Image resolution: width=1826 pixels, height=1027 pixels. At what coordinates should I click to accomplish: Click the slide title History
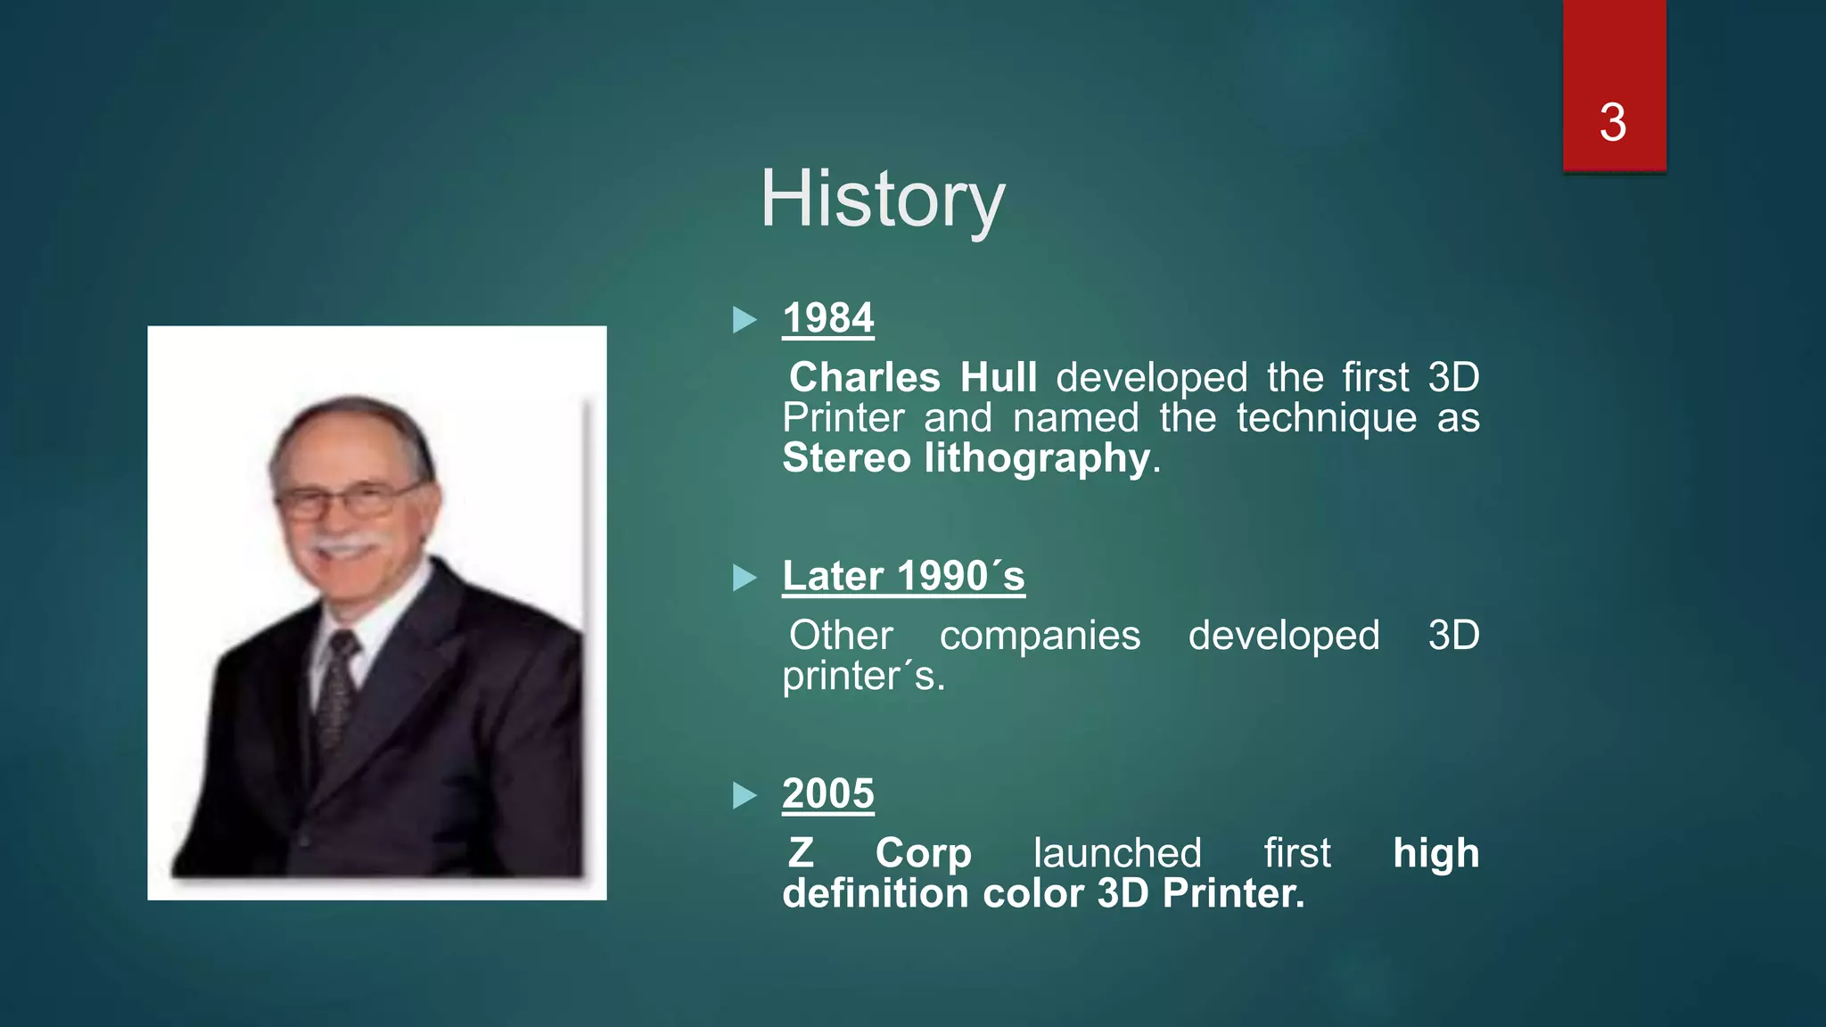pyautogui.click(x=882, y=200)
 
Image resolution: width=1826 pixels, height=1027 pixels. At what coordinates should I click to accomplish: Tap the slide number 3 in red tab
pyautogui.click(x=1613, y=122)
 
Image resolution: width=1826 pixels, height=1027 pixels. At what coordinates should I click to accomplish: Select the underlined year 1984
pyautogui.click(x=828, y=318)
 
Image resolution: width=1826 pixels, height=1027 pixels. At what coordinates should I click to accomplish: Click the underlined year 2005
pyautogui.click(x=828, y=793)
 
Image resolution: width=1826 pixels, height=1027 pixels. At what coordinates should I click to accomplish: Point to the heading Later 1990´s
pyautogui.click(x=903, y=576)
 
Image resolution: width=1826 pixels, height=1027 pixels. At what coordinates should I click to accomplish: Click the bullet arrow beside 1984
pyautogui.click(x=744, y=319)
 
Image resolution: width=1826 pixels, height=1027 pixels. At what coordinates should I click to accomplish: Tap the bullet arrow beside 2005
pyautogui.click(x=744, y=794)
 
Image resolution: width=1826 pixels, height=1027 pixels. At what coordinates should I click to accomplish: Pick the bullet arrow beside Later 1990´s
pyautogui.click(x=744, y=577)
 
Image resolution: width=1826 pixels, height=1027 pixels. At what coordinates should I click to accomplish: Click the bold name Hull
pyautogui.click(x=999, y=377)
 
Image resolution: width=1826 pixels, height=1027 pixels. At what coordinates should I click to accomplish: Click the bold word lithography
pyautogui.click(x=1037, y=458)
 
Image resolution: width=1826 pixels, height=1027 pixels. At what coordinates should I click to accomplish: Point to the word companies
pyautogui.click(x=1040, y=636)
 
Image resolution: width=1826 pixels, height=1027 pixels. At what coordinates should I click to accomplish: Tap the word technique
pyautogui.click(x=1326, y=418)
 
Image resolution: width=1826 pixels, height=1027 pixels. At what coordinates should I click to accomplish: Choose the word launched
pyautogui.click(x=1117, y=853)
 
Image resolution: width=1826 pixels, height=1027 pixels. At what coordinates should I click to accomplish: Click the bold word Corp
pyautogui.click(x=923, y=853)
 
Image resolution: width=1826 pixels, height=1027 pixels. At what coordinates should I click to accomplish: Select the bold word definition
pyautogui.click(x=873, y=893)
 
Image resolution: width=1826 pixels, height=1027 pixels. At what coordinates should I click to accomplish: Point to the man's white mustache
pyautogui.click(x=347, y=543)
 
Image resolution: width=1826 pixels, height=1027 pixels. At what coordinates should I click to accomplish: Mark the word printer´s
pyautogui.click(x=863, y=676)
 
